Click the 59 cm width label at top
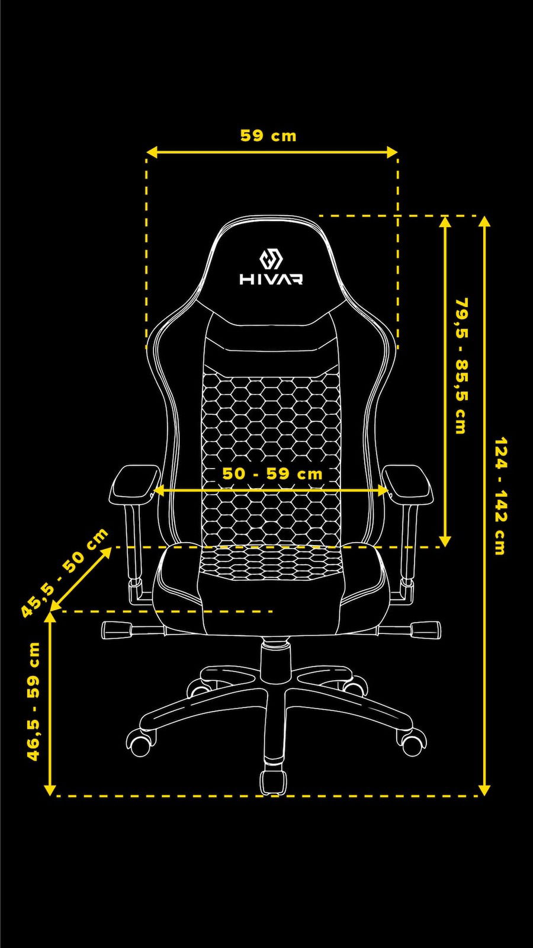(268, 136)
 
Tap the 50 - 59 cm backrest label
(272, 473)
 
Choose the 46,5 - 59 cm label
(34, 701)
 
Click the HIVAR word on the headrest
(271, 278)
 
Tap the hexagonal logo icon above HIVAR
(271, 259)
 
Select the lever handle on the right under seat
(425, 627)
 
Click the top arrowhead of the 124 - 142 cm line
(484, 222)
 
